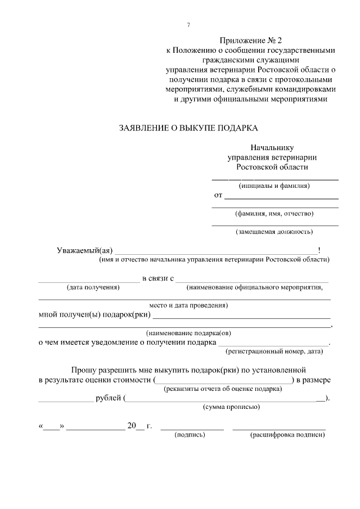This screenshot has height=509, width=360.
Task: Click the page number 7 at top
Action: click(x=188, y=25)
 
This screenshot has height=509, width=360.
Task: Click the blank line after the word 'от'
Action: click(x=281, y=196)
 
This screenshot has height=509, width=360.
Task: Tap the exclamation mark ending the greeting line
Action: click(x=319, y=250)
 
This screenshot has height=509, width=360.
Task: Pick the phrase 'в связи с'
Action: click(x=159, y=278)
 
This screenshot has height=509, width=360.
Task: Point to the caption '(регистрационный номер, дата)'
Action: click(x=274, y=352)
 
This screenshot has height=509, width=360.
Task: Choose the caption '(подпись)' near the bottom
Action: click(x=191, y=435)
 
